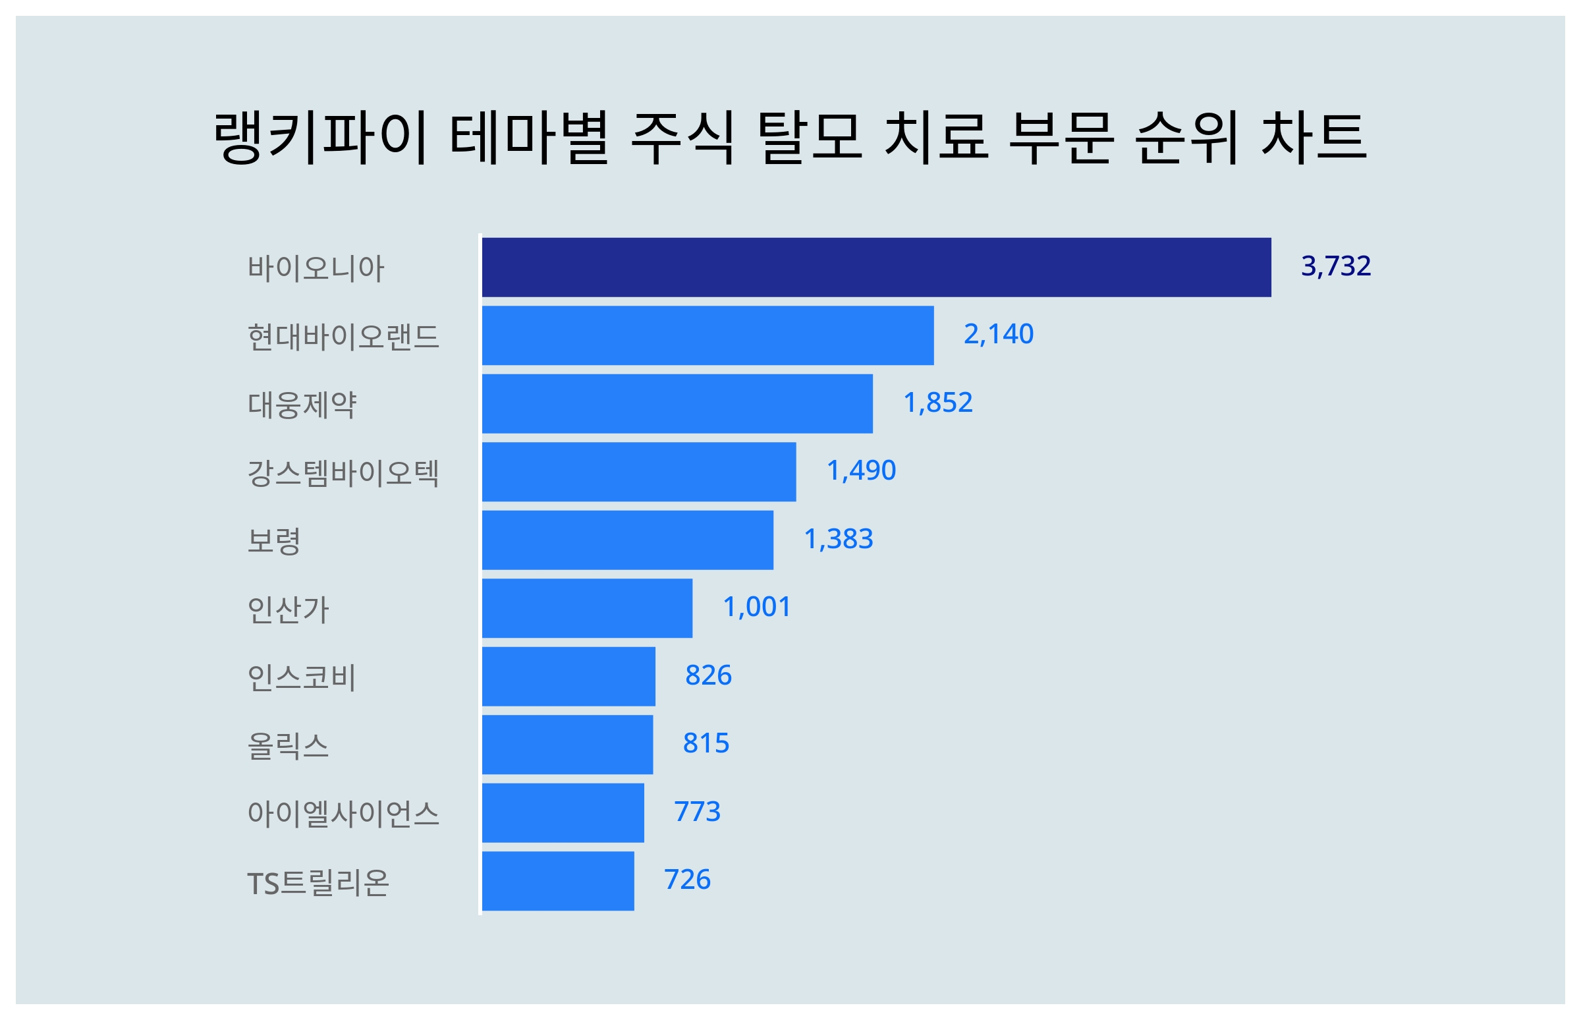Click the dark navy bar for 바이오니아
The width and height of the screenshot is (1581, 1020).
pos(876,268)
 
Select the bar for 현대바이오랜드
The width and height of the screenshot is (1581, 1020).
pos(707,335)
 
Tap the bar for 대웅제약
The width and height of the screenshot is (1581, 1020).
pos(677,404)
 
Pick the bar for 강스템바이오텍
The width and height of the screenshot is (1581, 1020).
pos(638,472)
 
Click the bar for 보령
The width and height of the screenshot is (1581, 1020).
pos(627,540)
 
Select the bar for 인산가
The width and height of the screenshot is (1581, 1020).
pos(586,608)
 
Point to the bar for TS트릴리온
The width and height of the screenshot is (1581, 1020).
pos(557,881)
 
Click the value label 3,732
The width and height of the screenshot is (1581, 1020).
pos(1335,266)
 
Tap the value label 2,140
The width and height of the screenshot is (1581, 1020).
pos(998,335)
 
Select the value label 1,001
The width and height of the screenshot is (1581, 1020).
pos(756,608)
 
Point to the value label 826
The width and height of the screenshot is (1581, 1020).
pos(707,675)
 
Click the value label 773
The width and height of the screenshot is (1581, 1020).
pos(696,812)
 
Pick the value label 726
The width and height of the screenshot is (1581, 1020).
pos(686,880)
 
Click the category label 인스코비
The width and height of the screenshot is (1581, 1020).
pos(301,677)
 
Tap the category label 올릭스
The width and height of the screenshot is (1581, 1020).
pos(287,746)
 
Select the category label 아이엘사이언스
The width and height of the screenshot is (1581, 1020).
pos(343,814)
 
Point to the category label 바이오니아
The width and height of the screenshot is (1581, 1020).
pos(315,268)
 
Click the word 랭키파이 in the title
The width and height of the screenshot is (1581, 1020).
pos(319,137)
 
